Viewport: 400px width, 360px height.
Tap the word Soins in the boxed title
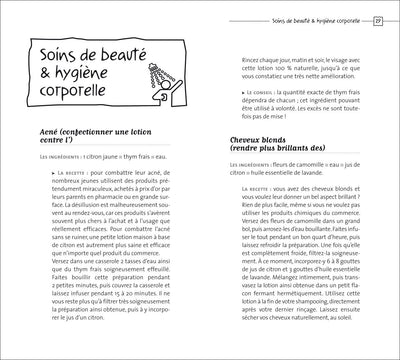click(57, 53)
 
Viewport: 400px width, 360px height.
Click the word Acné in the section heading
click(45, 158)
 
